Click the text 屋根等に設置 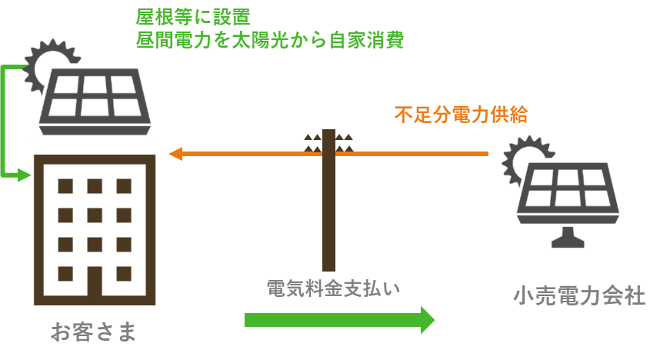point(193,17)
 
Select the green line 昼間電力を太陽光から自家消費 point(270,40)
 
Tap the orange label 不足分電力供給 point(461,115)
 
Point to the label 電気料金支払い point(333,288)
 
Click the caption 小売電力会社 point(579,295)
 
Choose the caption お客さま point(93,332)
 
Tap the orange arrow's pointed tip point(169,154)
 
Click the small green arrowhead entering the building point(25,175)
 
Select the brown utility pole point(328,200)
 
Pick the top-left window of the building point(65,186)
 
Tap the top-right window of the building point(124,186)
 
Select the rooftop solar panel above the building point(95,102)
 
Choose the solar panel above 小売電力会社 point(568,193)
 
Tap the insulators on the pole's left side point(313,143)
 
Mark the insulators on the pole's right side point(345,143)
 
